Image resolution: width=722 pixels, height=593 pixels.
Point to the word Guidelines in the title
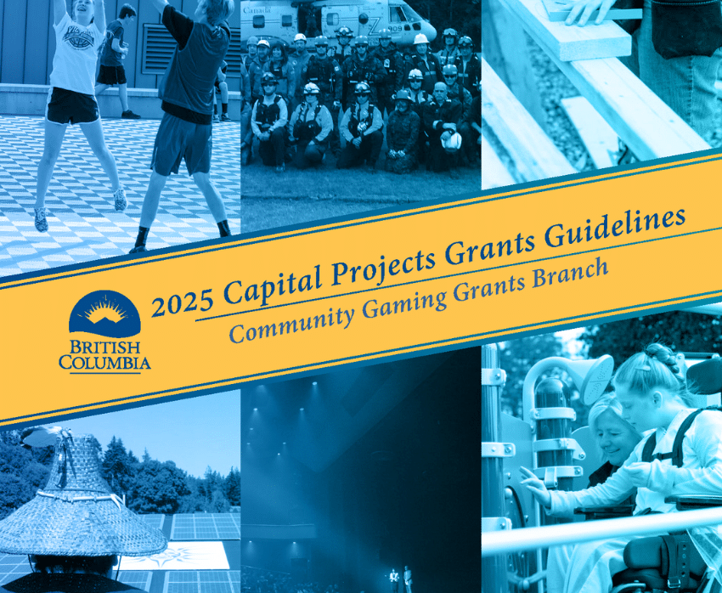point(615,229)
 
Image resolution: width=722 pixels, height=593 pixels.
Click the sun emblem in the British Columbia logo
point(104,312)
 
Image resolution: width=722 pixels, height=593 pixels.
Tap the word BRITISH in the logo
point(105,347)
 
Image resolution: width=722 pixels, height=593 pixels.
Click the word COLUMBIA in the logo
point(105,362)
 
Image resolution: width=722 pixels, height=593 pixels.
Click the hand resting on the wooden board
point(589,11)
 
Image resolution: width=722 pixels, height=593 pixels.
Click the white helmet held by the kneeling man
point(451,140)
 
